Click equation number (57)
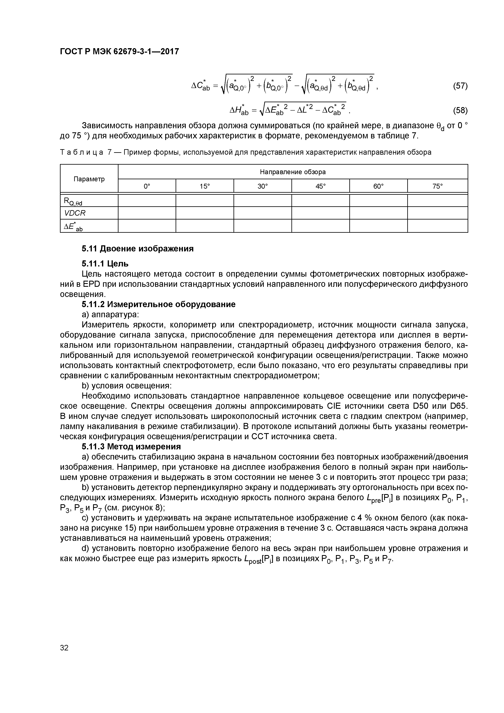coord(460,86)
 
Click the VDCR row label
coord(75,213)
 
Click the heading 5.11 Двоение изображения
coord(138,249)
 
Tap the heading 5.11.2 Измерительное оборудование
coord(158,304)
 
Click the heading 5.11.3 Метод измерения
coord(131,447)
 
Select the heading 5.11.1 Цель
coord(105,264)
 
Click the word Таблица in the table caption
coord(81,152)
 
